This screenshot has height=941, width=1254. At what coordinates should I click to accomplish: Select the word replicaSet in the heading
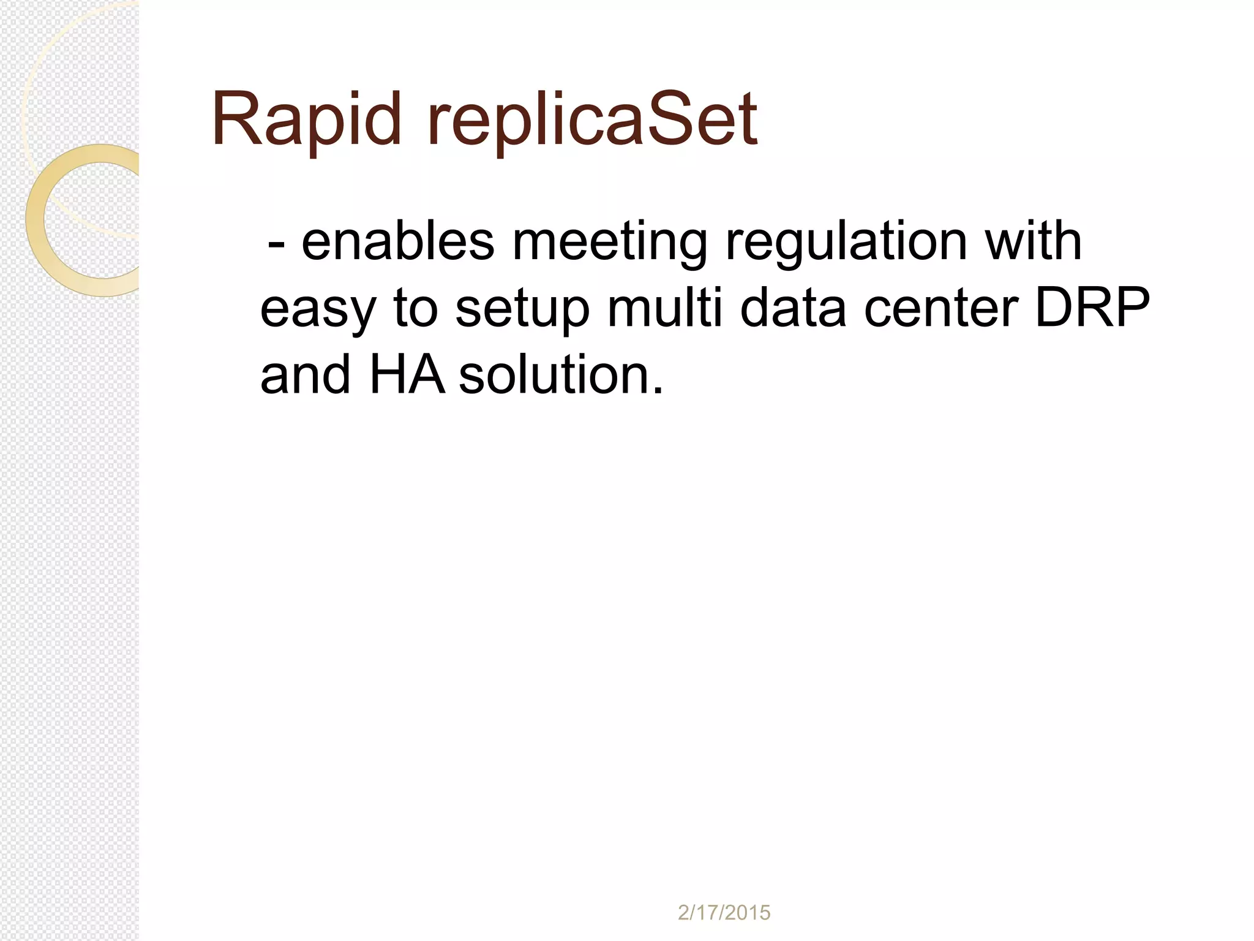pyautogui.click(x=593, y=119)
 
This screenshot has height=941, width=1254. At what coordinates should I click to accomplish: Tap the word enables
pyautogui.click(x=397, y=242)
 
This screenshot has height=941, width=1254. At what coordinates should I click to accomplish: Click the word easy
pyautogui.click(x=317, y=310)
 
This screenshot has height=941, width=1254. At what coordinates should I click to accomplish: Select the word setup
pyautogui.click(x=522, y=310)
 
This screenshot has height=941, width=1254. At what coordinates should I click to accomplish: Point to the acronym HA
pyautogui.click(x=407, y=374)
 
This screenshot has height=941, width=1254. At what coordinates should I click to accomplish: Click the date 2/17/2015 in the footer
pyautogui.click(x=724, y=913)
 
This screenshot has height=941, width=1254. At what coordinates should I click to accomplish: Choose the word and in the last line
pyautogui.click(x=306, y=374)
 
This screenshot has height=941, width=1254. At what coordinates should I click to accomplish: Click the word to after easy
pyautogui.click(x=415, y=309)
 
